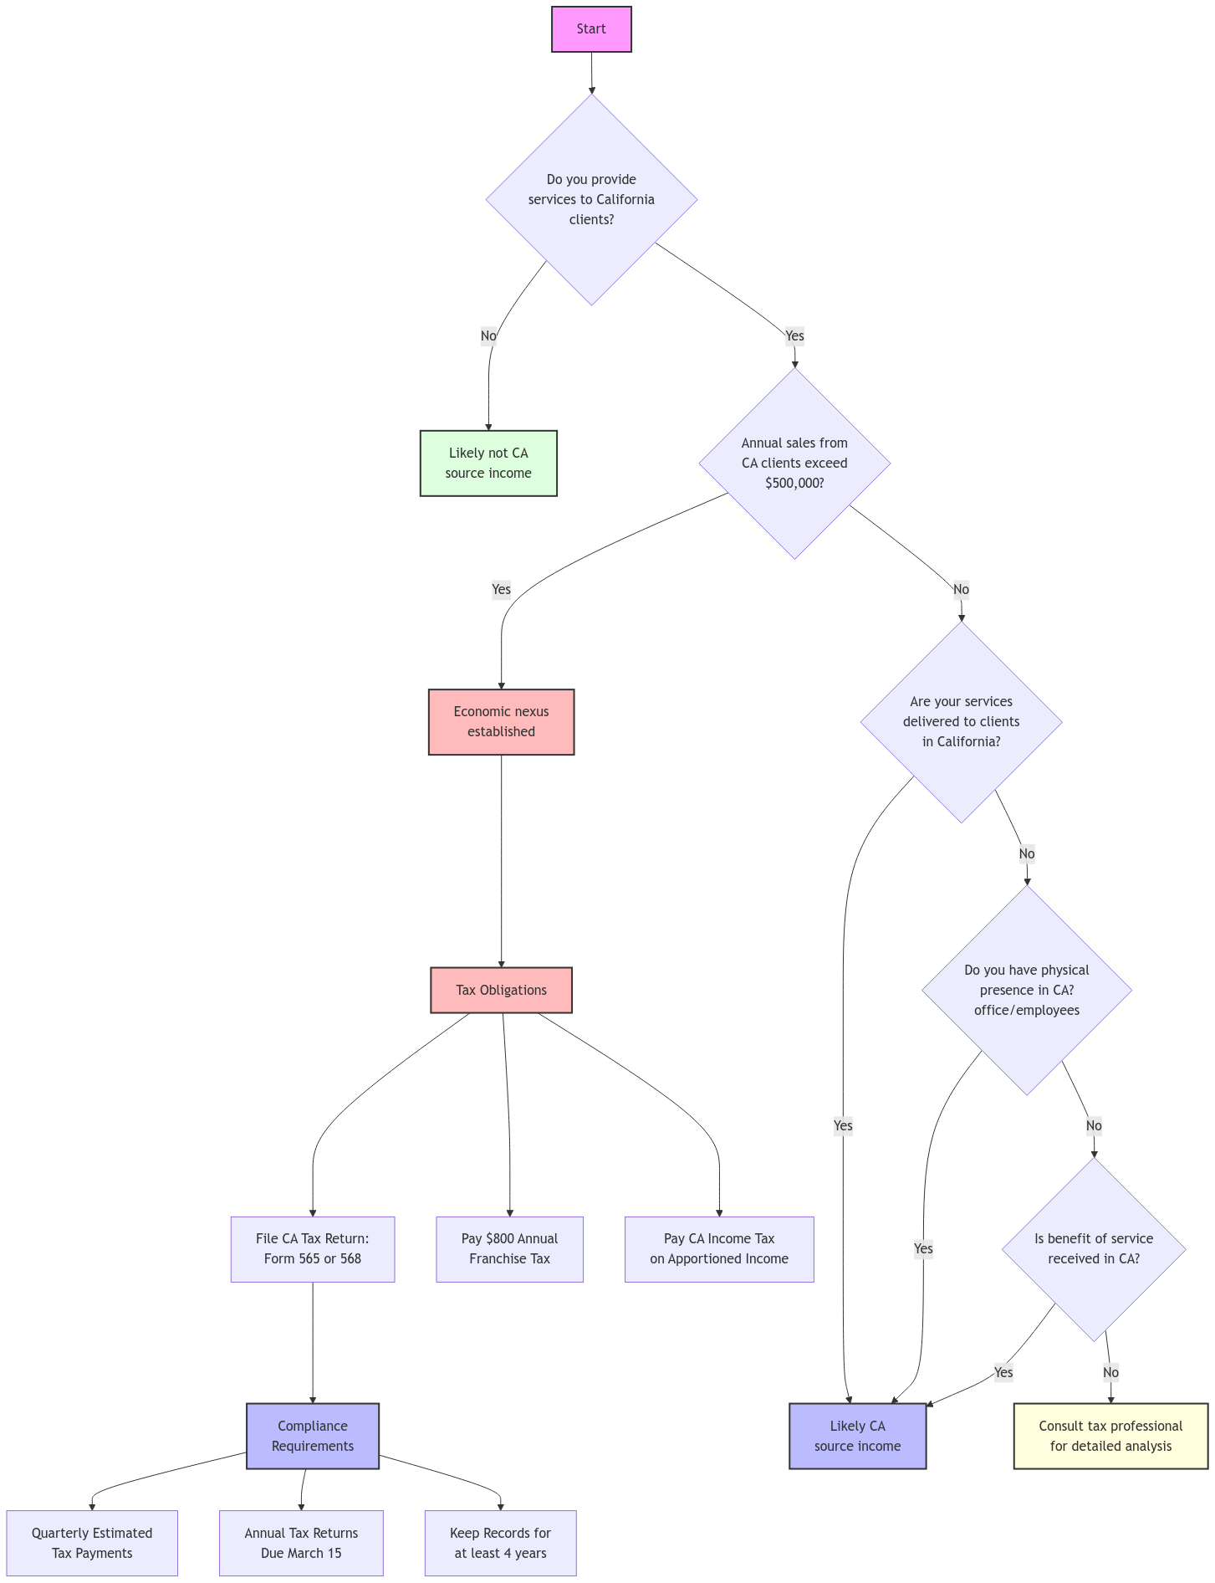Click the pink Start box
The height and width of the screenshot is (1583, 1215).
591,29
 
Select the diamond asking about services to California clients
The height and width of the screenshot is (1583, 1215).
591,200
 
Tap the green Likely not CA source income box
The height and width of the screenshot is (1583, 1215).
488,464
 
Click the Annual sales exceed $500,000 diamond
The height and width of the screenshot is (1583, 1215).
794,464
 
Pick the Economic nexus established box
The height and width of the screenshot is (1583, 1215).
501,722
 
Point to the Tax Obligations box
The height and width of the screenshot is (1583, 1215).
501,991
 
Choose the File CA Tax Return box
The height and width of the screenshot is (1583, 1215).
313,1249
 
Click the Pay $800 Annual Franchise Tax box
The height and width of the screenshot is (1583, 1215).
509,1249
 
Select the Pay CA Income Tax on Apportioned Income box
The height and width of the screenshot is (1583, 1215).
719,1249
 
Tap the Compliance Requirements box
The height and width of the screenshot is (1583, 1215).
313,1437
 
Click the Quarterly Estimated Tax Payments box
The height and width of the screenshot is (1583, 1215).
92,1544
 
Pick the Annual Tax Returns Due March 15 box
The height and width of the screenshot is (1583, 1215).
301,1544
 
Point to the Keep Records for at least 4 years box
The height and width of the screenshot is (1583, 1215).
500,1544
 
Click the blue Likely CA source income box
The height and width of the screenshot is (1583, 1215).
857,1437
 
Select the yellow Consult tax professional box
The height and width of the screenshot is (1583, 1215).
1110,1437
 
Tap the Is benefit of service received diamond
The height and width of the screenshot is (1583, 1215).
1094,1249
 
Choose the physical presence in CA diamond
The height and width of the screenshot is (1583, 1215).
1027,991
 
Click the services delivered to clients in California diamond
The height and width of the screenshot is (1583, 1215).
962,722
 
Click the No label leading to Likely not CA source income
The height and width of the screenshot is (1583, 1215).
488,336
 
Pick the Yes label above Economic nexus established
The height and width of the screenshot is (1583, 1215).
501,590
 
